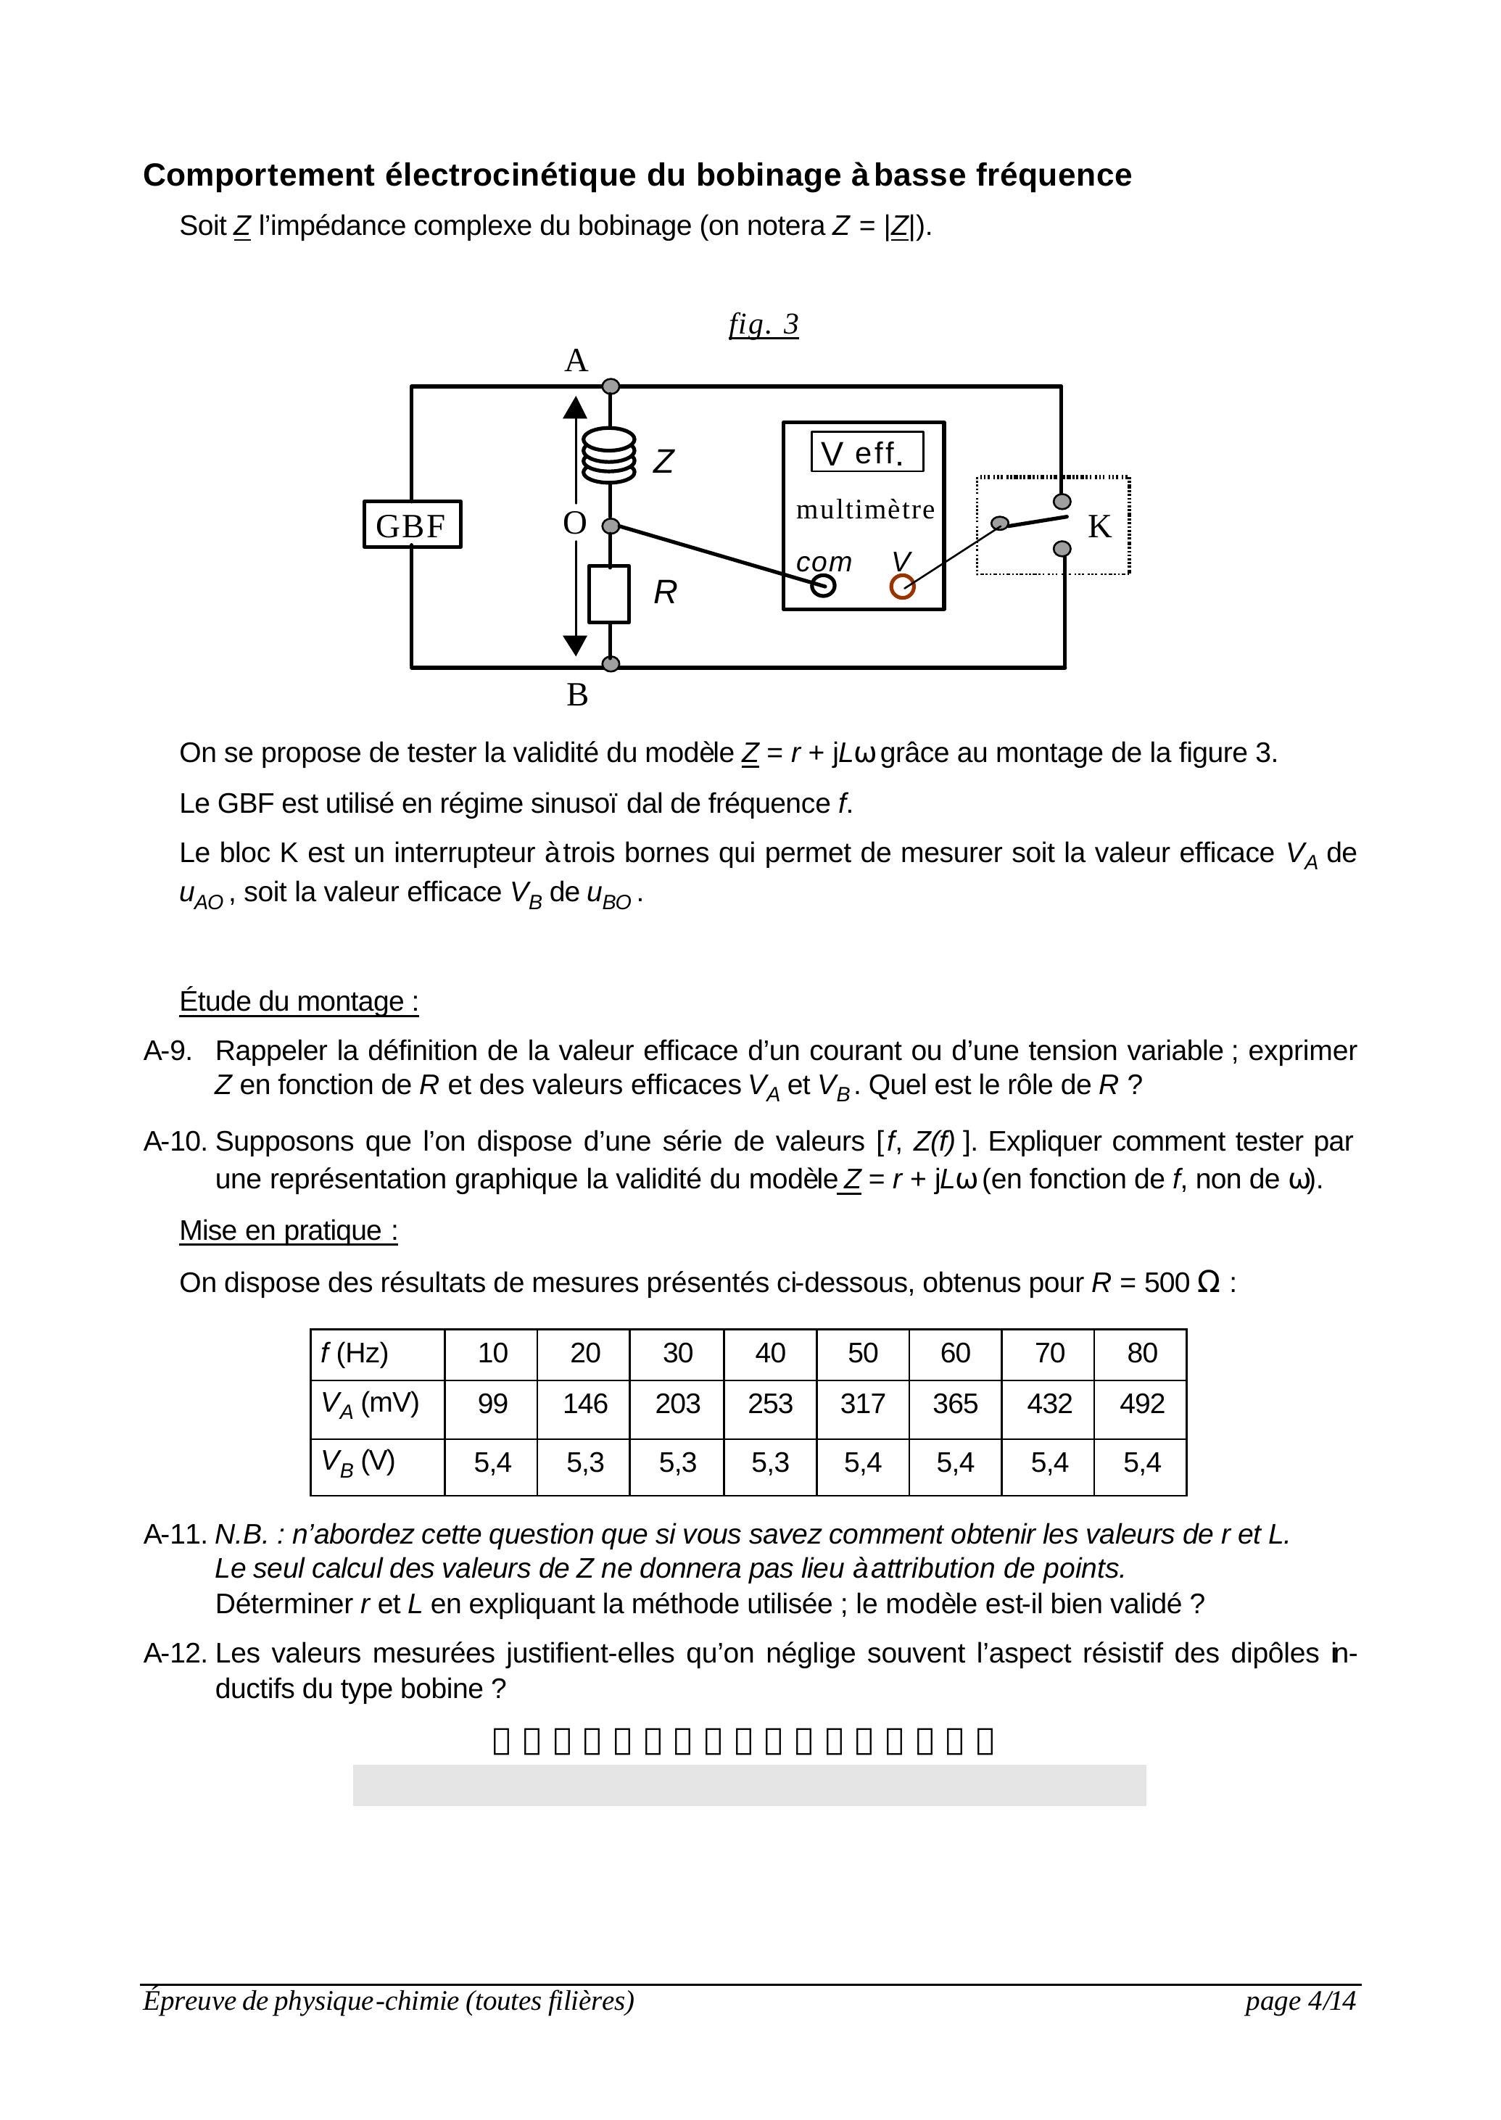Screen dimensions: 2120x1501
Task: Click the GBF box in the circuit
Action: [x=411, y=525]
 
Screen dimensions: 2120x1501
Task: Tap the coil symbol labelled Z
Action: [x=609, y=455]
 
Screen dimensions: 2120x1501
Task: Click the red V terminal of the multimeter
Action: [x=902, y=587]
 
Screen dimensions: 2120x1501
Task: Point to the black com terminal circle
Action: [x=822, y=585]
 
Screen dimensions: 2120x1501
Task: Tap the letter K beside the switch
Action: [x=1099, y=526]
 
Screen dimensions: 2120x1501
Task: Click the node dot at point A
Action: [x=610, y=386]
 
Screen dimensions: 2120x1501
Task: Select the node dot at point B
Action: [x=610, y=663]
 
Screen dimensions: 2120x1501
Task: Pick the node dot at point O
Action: [x=610, y=526]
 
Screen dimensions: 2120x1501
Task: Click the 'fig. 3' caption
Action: [x=764, y=324]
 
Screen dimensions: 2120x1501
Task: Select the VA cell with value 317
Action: [x=862, y=1404]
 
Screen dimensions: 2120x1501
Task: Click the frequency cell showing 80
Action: [x=1141, y=1353]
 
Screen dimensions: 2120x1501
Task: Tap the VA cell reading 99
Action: [x=492, y=1404]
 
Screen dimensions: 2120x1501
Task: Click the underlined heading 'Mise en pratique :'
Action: [x=289, y=1231]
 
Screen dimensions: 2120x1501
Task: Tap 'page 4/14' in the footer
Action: [x=1299, y=2001]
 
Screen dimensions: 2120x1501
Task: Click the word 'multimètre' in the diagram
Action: [x=865, y=509]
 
